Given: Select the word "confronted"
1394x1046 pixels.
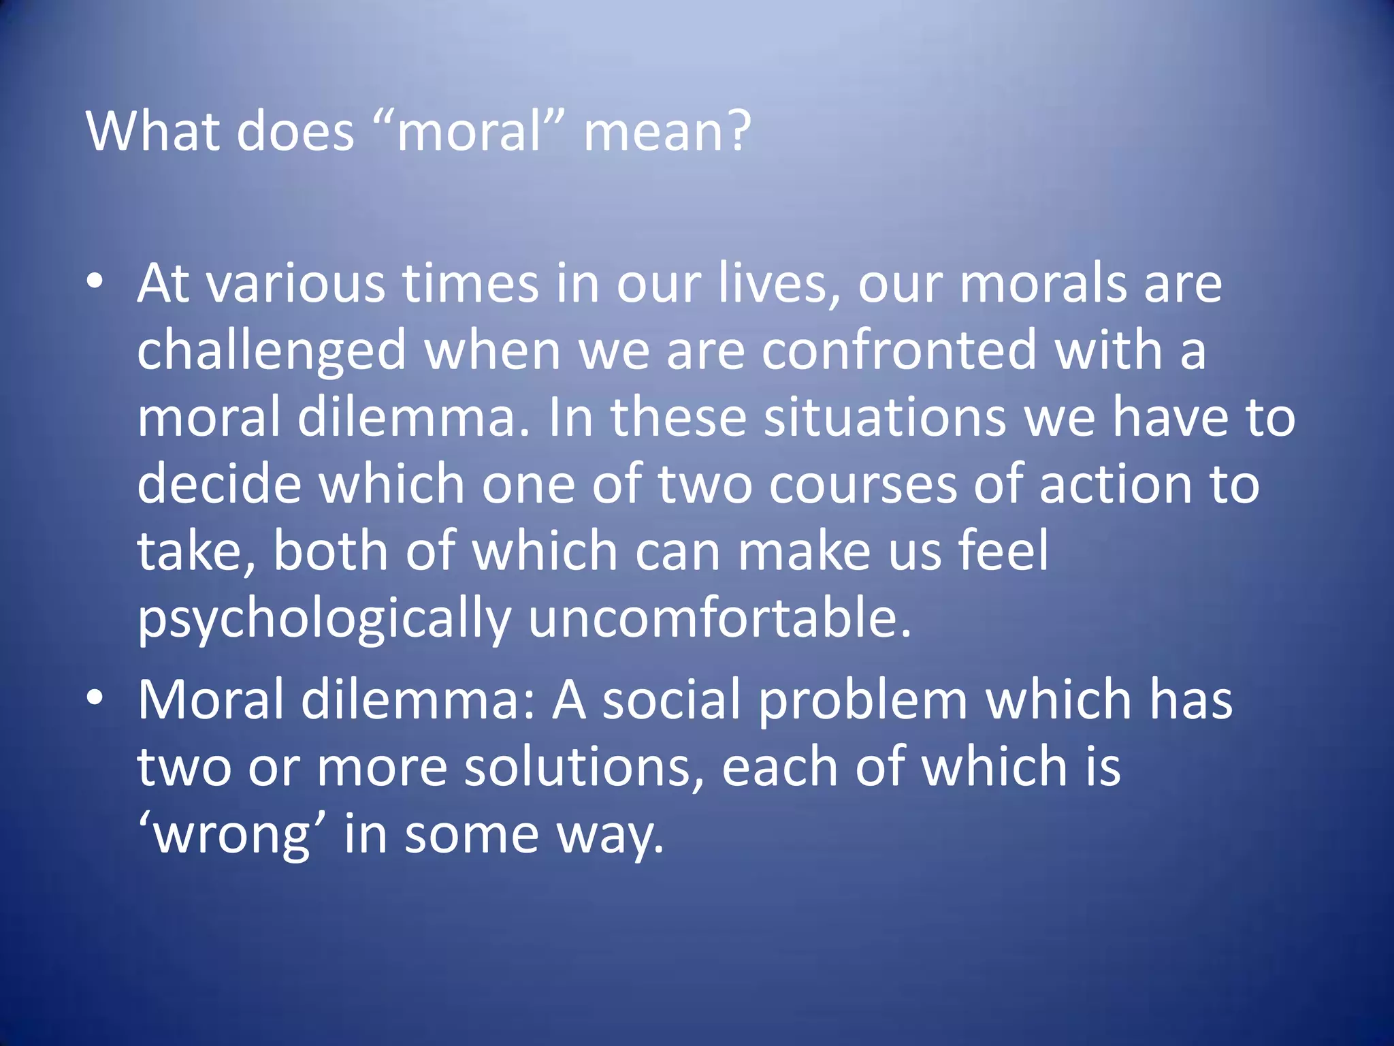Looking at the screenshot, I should [x=898, y=350].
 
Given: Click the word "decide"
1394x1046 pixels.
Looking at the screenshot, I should [x=219, y=484].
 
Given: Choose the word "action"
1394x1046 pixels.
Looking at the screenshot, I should [x=1116, y=484].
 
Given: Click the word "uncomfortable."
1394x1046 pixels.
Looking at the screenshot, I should [x=719, y=618].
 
